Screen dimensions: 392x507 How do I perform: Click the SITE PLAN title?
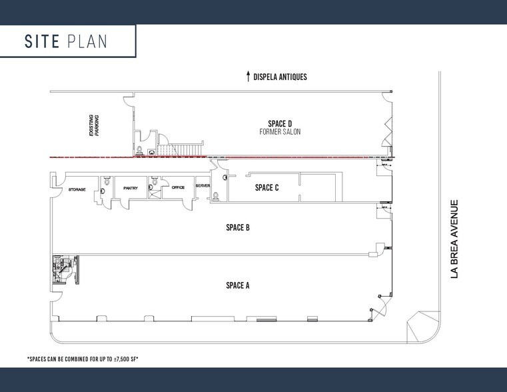pyautogui.click(x=67, y=41)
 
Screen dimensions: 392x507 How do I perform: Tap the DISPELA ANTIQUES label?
pyautogui.click(x=280, y=77)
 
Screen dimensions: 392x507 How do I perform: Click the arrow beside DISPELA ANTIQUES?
pyautogui.click(x=248, y=75)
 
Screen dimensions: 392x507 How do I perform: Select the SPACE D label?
pyautogui.click(x=280, y=123)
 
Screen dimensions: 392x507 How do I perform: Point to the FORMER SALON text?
pyautogui.click(x=280, y=132)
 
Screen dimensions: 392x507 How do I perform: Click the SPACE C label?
pyautogui.click(x=266, y=187)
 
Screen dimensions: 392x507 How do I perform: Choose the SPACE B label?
pyautogui.click(x=238, y=227)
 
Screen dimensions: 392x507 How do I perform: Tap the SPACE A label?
pyautogui.click(x=238, y=285)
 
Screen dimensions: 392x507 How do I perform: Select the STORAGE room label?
pyautogui.click(x=77, y=190)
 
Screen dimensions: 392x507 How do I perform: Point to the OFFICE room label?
pyautogui.click(x=178, y=188)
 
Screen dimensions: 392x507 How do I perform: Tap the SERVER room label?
pyautogui.click(x=203, y=185)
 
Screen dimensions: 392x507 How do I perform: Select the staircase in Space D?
pyautogui.click(x=181, y=149)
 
